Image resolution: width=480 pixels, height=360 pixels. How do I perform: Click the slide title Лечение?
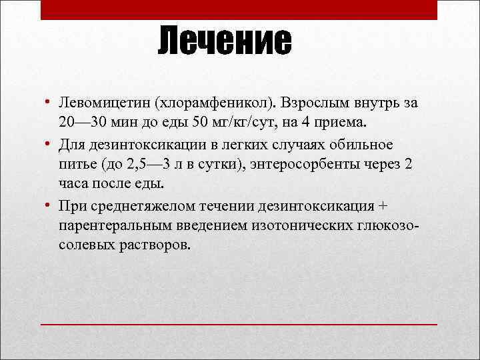coord(225,42)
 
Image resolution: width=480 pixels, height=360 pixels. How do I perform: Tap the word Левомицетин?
coord(103,104)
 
